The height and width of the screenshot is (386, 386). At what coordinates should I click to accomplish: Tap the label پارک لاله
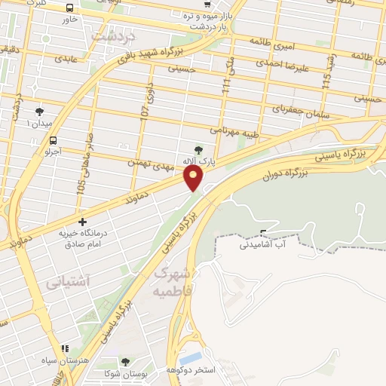pos(201,162)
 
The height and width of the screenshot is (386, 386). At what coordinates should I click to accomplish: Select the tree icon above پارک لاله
pos(200,149)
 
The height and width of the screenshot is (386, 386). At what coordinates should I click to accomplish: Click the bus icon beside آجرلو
pos(52,140)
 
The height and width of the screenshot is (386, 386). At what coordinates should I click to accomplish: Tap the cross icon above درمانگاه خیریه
pos(82,222)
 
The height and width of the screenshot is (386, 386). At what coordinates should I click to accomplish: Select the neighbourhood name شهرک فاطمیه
pos(173,280)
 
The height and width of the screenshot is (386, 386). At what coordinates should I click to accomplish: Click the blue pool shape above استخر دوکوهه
pos(191,357)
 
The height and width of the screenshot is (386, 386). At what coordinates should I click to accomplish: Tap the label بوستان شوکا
pos(125,373)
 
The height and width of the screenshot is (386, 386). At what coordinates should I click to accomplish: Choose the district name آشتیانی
pos(67,283)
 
